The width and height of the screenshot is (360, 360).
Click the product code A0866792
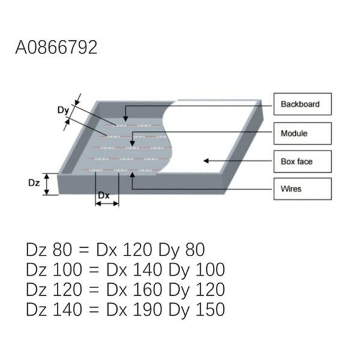pos(56,47)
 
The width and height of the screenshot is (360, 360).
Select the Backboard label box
pos(302,104)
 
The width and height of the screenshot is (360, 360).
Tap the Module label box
pos(302,133)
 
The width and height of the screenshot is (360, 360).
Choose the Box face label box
pos(302,161)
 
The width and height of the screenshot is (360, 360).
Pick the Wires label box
pos(302,189)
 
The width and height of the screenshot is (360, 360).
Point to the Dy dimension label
pos(63,110)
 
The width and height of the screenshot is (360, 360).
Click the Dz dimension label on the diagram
pos(34,183)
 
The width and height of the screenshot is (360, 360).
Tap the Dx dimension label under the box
pos(104,196)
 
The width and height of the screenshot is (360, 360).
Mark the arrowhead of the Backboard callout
pos(125,118)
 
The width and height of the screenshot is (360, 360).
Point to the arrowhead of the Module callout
pos(132,143)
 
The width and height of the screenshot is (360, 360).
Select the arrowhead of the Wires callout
pos(132,175)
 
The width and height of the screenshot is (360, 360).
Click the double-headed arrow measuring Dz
pos(47,184)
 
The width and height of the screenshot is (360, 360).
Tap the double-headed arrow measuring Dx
pos(107,203)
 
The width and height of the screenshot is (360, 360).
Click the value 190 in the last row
pos(148,310)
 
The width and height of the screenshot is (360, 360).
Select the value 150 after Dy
pos(210,310)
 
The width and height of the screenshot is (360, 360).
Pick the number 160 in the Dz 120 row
pos(148,290)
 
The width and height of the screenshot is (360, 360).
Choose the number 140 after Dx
pos(148,269)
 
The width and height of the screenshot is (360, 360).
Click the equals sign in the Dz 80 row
pos(83,250)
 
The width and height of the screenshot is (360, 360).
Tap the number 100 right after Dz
pos(67,269)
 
